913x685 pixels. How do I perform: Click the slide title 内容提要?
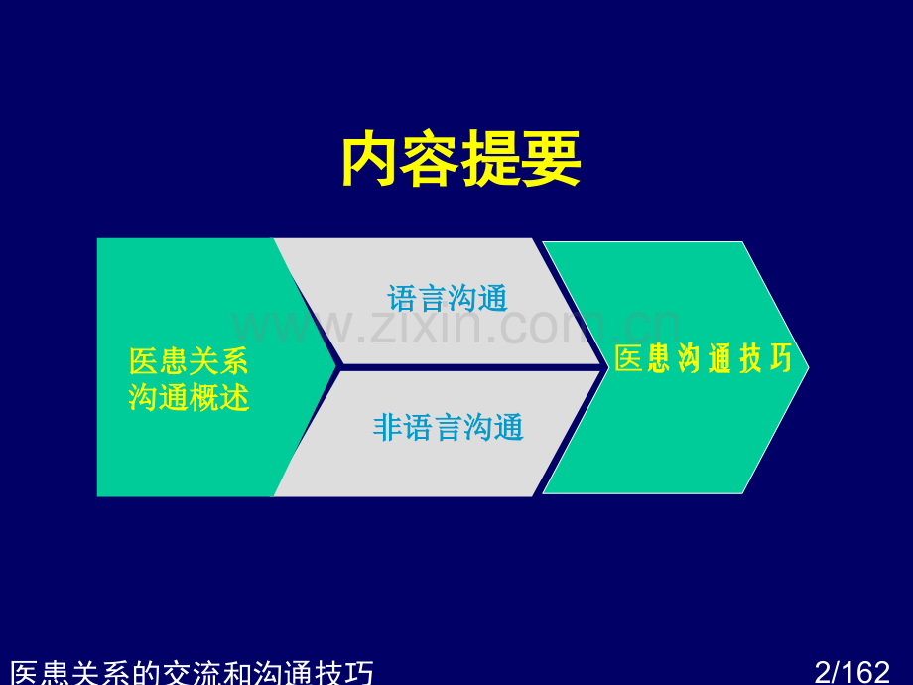pos(461,159)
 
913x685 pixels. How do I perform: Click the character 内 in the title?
pos(371,159)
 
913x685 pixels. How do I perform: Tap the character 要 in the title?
pos(552,159)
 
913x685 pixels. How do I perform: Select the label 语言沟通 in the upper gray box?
pos(448,298)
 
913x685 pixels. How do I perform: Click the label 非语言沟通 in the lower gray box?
pos(448,428)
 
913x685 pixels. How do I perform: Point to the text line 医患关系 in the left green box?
pos(189,361)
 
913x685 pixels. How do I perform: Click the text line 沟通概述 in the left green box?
pos(189,397)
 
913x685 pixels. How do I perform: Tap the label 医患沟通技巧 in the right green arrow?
pos(704,358)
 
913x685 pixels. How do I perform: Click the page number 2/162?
pos(851,672)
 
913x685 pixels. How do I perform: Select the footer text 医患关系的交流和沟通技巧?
pos(192,673)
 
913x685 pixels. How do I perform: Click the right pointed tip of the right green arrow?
pos(809,367)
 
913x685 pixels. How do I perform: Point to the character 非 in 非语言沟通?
pos(388,428)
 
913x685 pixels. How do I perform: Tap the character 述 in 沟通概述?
pos(234,397)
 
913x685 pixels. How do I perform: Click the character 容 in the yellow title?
pos(431,159)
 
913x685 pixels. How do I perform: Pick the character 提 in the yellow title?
pos(491,159)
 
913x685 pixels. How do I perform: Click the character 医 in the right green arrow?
pos(629,358)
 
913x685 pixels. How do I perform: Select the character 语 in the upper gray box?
pos(402,298)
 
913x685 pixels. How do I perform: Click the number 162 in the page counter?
pos(865,672)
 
